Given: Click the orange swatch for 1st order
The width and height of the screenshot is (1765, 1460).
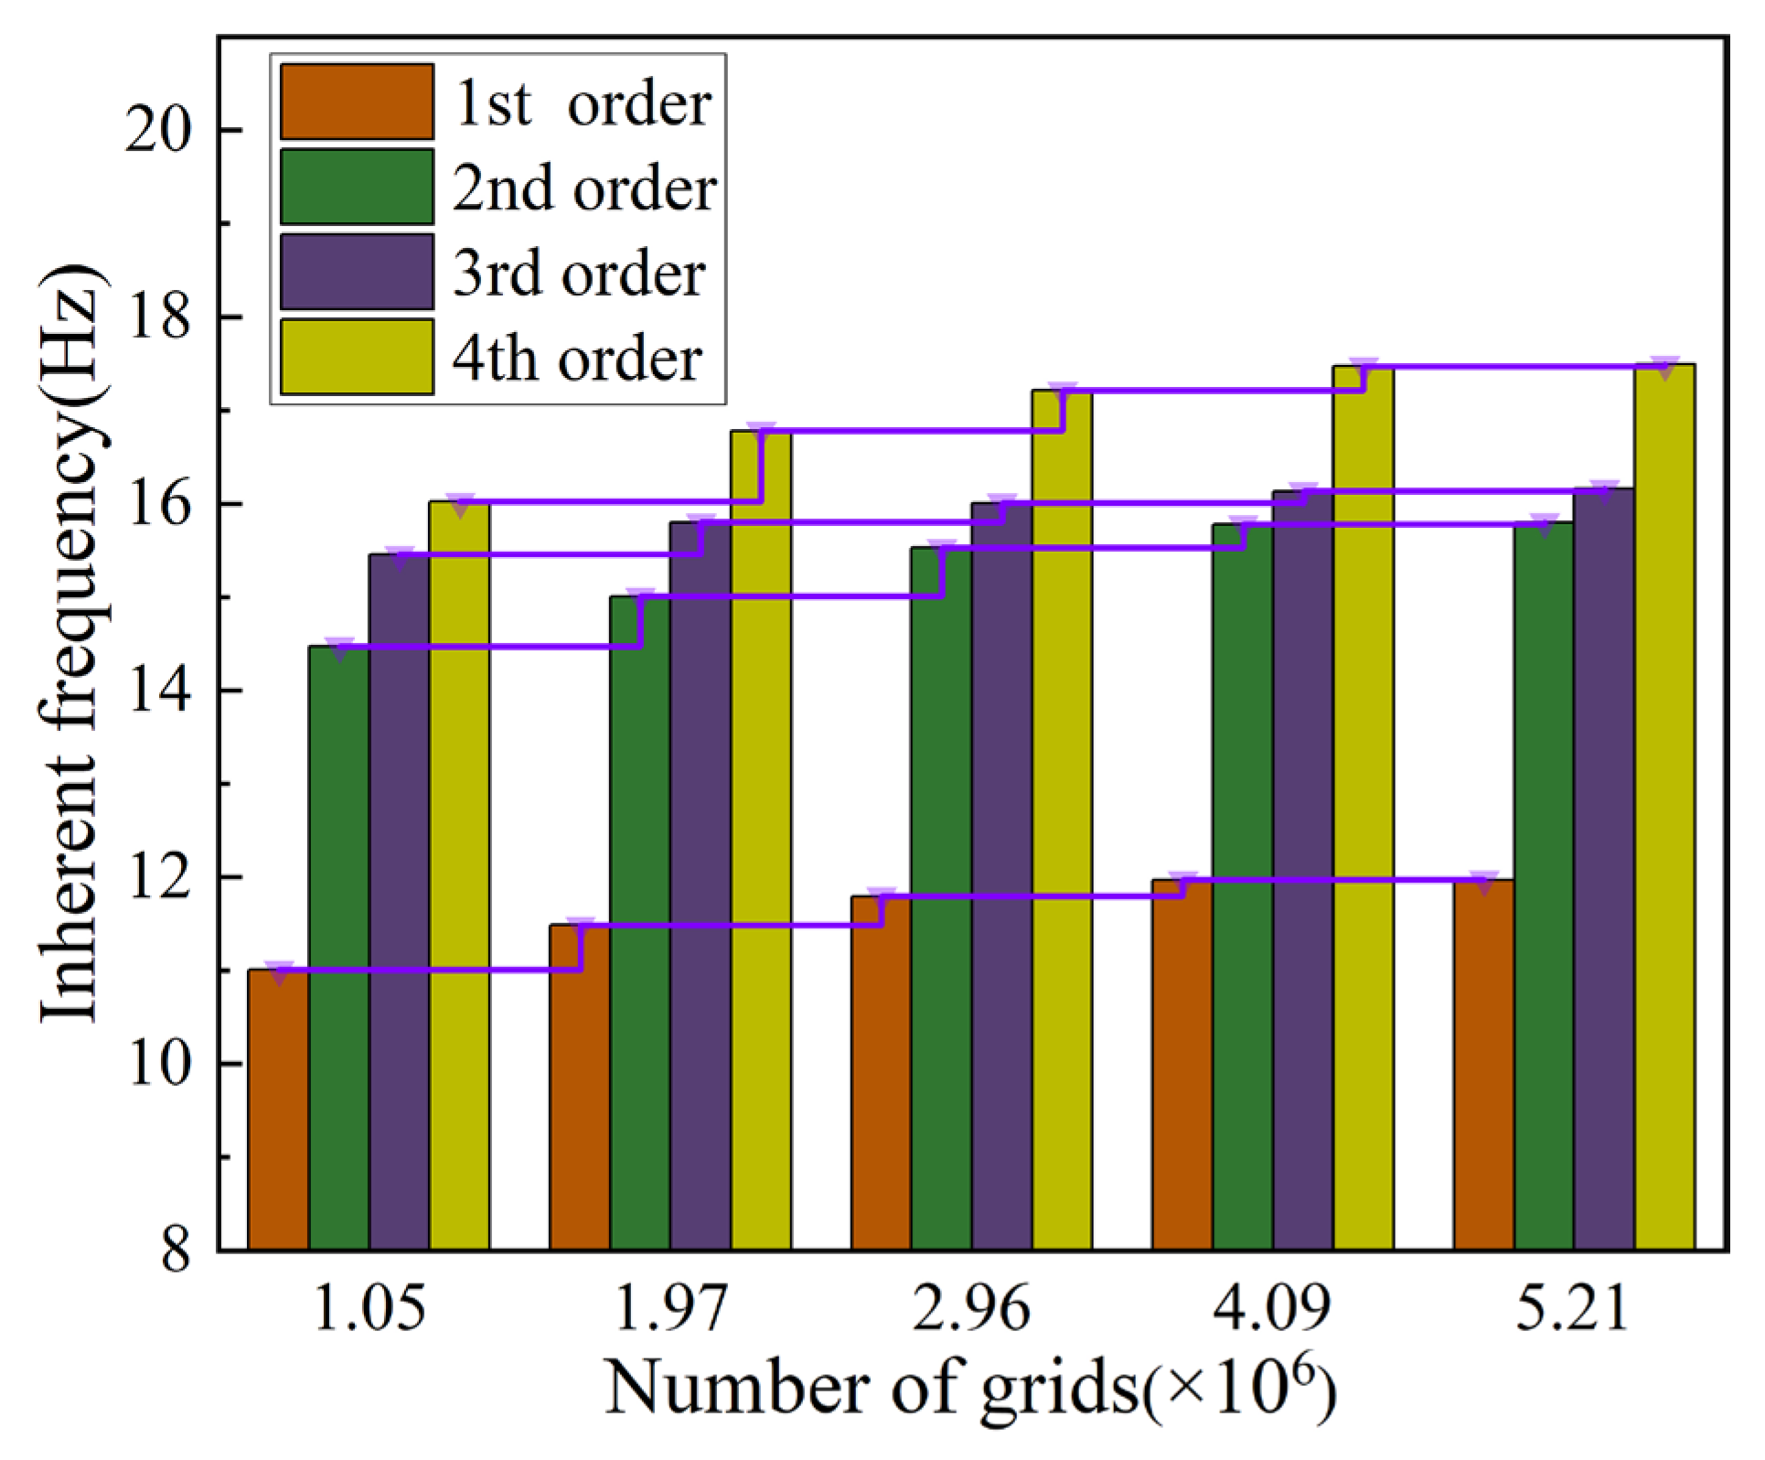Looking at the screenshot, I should [357, 102].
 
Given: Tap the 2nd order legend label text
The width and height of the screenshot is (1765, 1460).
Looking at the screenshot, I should [584, 188].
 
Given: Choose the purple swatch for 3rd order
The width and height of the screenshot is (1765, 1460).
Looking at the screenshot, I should [357, 272].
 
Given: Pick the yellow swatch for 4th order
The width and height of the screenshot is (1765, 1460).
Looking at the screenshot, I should [357, 357].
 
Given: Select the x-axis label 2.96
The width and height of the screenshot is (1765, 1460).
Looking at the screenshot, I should [971, 1309].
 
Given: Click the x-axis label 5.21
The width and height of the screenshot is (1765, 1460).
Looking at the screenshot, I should [1573, 1309].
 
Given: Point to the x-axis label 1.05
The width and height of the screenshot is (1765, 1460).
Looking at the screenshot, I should [369, 1309].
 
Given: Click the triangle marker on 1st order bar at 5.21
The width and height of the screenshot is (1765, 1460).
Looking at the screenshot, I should [1483, 882].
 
